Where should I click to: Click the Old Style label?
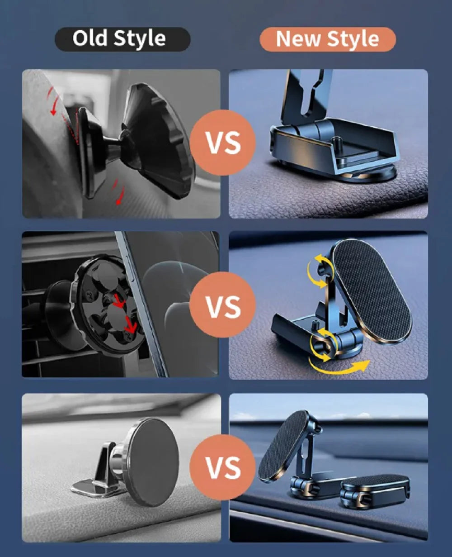pyautogui.click(x=122, y=39)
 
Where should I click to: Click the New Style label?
pyautogui.click(x=327, y=39)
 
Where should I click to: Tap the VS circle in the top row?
pyautogui.click(x=223, y=143)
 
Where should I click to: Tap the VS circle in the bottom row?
pyautogui.click(x=223, y=467)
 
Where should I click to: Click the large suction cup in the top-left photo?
pyautogui.click(x=160, y=140)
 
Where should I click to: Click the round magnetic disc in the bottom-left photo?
pyautogui.click(x=151, y=462)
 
